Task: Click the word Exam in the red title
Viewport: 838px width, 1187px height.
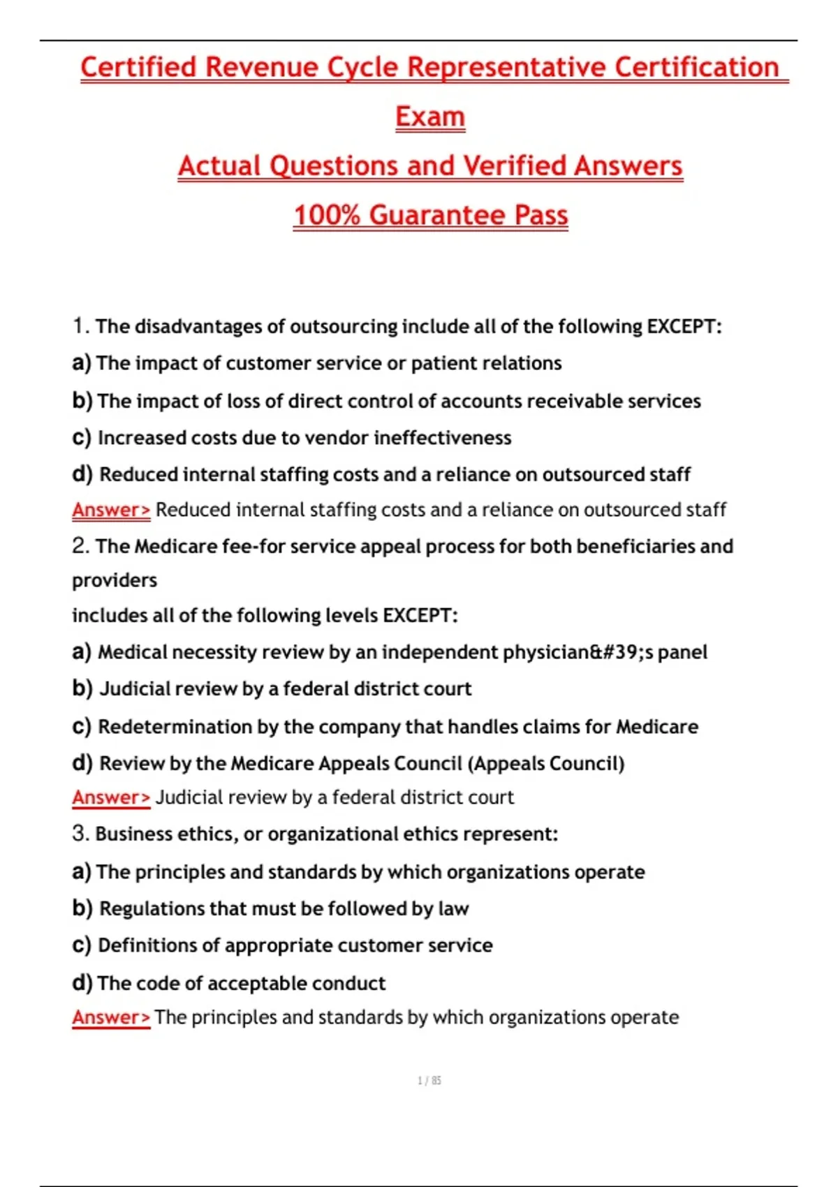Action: click(x=429, y=117)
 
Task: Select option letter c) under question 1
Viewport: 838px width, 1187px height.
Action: click(x=82, y=437)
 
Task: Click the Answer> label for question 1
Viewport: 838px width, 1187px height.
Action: click(x=111, y=510)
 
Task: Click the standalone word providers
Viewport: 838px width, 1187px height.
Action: click(x=115, y=580)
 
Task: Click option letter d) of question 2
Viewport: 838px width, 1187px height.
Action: click(x=82, y=762)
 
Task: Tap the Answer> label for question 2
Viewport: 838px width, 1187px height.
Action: click(x=111, y=797)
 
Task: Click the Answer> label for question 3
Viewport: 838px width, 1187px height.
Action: click(x=111, y=1017)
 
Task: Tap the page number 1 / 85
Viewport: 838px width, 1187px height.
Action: click(x=429, y=1080)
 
